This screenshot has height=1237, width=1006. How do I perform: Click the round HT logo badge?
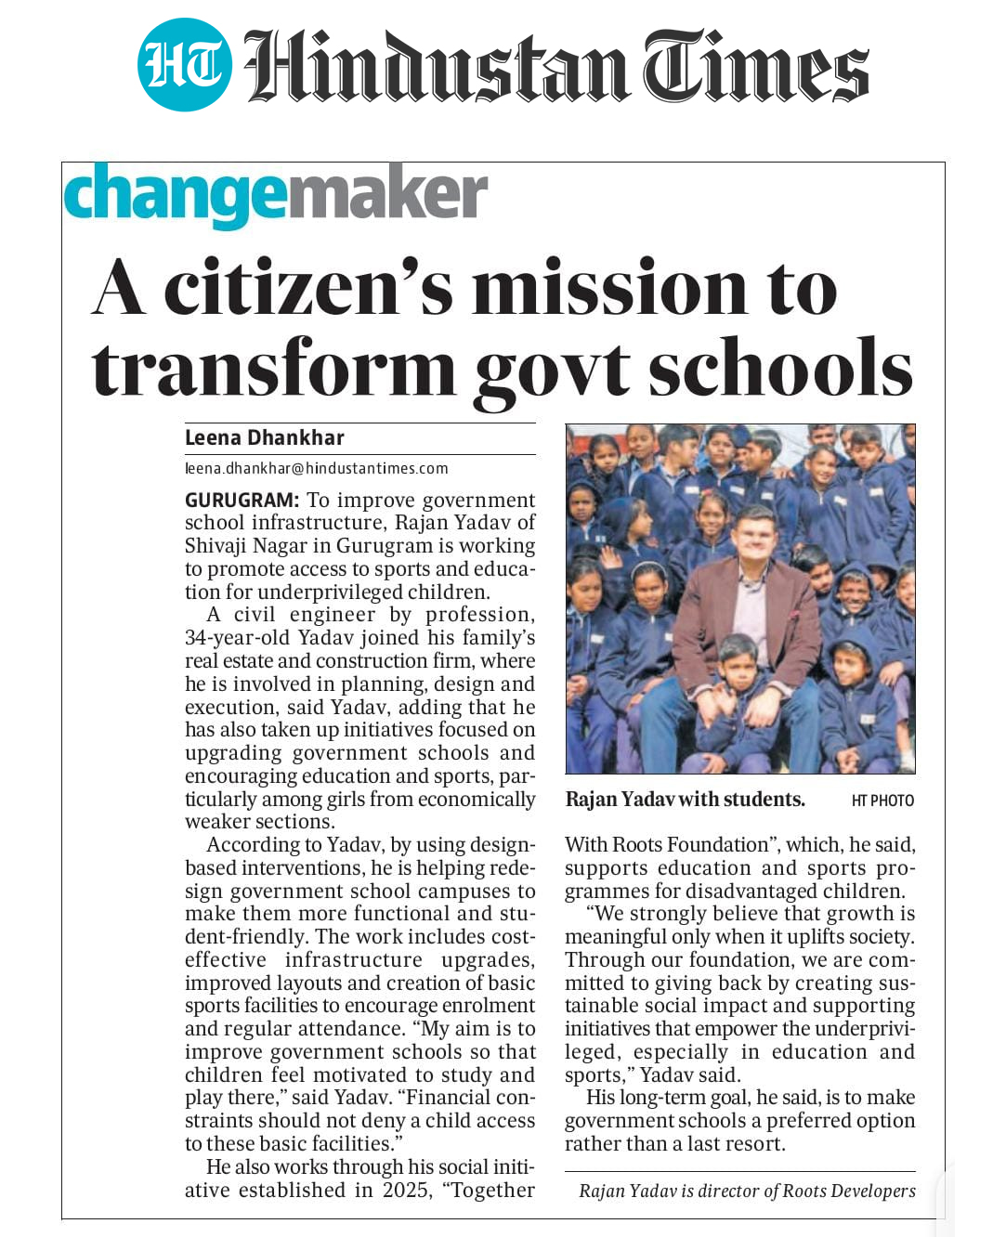184,65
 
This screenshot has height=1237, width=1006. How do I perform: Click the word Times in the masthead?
756,65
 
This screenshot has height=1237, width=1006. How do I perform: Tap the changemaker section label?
275,195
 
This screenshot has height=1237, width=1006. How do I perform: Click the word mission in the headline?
608,288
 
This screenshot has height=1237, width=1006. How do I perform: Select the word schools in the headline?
779,369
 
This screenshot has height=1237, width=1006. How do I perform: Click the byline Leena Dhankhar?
264,437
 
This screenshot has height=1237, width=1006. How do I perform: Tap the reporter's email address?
316,469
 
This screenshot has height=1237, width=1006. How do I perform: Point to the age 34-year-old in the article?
237,638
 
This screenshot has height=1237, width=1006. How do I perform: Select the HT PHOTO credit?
882,801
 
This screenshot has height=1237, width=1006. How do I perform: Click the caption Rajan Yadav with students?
685,800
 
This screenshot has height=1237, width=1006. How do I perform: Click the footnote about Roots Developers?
747,1191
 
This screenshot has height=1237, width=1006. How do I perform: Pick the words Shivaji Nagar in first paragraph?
247,546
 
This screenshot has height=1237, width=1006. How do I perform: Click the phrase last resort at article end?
735,1144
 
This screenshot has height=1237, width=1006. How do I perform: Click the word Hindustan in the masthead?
437,65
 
